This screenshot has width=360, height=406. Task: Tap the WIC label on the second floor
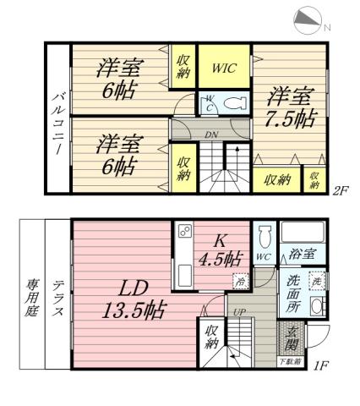click(x=224, y=64)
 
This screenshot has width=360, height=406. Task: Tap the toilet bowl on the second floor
click(x=233, y=104)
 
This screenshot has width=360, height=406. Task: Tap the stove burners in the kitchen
click(x=184, y=232)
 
